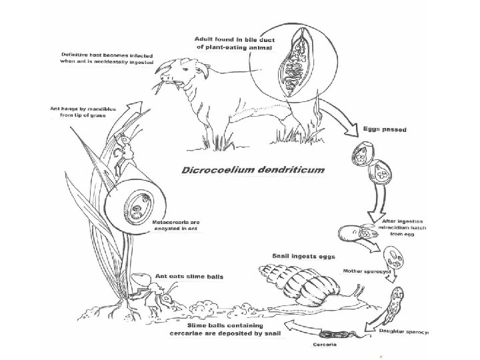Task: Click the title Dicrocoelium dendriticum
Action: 253,169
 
